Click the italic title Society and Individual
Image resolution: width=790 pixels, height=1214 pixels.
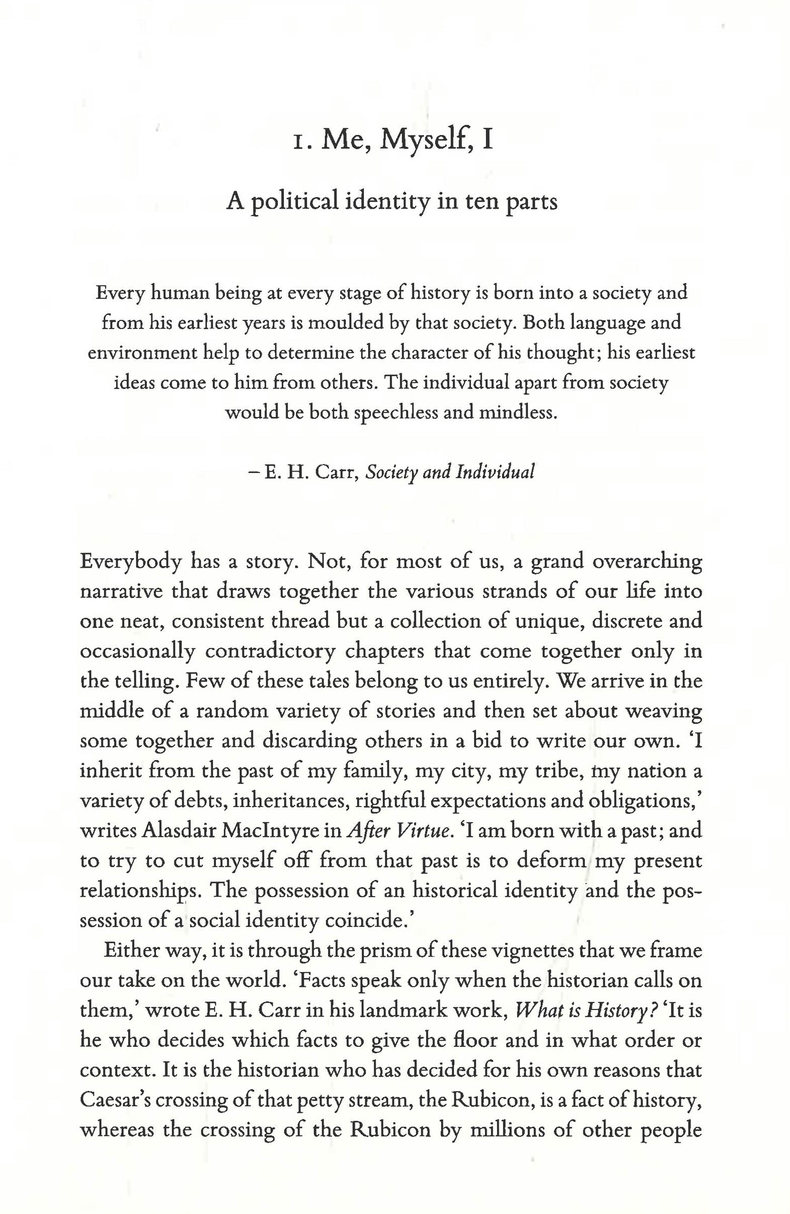pyautogui.click(x=450, y=472)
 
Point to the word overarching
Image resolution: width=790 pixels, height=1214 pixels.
pyautogui.click(x=646, y=562)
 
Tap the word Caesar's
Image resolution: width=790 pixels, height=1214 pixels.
pyautogui.click(x=114, y=1100)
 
